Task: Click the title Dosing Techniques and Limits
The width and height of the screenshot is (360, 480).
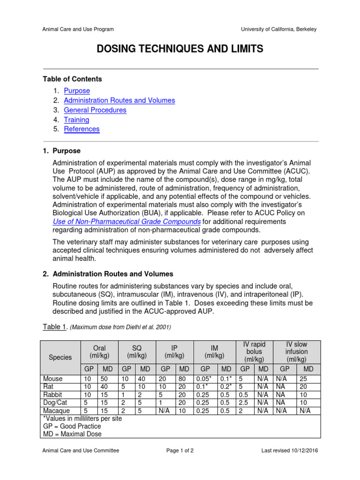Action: point(180,49)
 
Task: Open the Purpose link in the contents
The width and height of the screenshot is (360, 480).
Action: point(77,91)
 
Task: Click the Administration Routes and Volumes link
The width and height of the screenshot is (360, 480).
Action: point(119,100)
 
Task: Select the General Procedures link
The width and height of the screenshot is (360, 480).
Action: point(95,110)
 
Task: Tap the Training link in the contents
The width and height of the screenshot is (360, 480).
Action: point(76,120)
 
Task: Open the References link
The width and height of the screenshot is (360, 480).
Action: point(82,129)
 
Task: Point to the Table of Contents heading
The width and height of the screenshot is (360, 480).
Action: point(72,79)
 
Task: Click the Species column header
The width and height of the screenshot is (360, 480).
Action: point(60,357)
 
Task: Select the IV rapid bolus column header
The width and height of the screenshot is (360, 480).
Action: point(254,351)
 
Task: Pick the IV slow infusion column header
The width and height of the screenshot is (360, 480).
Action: point(296,351)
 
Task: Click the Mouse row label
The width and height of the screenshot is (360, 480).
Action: point(52,378)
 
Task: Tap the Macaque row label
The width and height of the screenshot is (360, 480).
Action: point(56,411)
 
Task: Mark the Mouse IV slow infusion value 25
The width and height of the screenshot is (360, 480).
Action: point(304,378)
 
